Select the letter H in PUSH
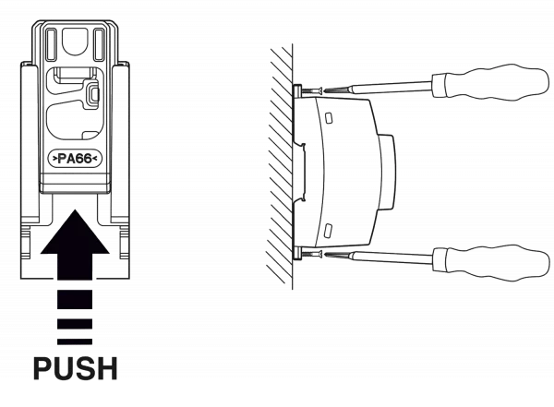[x=107, y=369]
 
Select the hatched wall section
[x=279, y=166]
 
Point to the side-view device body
[x=346, y=171]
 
